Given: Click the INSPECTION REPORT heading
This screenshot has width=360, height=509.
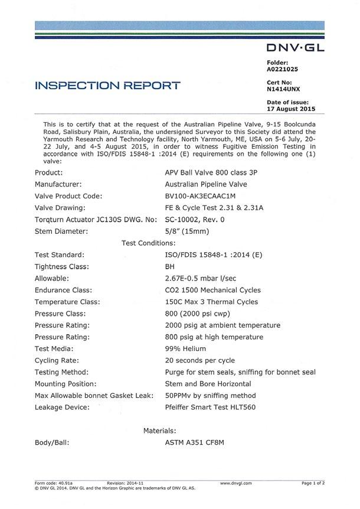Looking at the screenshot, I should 108,86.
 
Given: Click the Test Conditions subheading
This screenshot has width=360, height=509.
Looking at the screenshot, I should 148,243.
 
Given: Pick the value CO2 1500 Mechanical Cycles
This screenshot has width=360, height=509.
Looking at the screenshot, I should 213,290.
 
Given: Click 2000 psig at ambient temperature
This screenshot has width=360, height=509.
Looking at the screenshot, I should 222,325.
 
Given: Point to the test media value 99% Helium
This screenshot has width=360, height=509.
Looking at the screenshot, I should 189,348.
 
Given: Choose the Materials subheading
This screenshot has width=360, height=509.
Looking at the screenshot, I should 159,431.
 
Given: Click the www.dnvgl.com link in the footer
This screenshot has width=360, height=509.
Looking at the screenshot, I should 235,483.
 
